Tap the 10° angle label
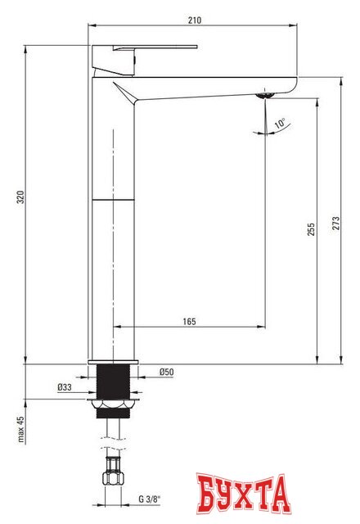(x=281, y=124)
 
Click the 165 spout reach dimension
(x=188, y=321)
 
